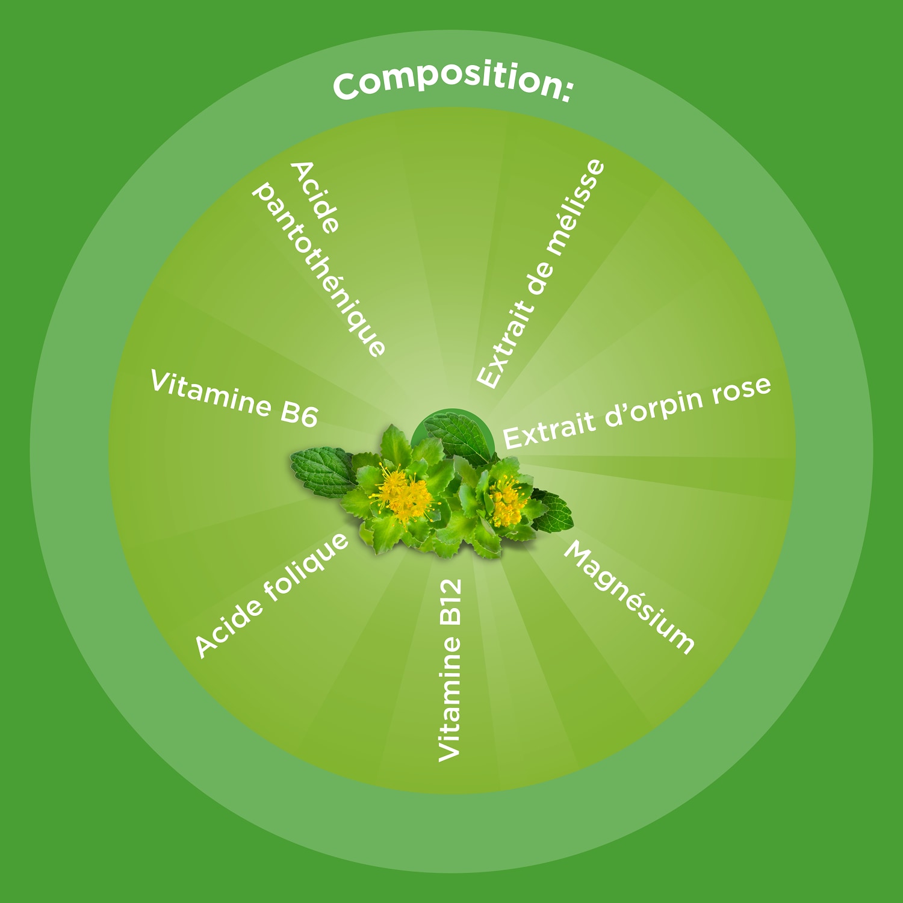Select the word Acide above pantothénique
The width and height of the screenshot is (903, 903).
(315, 197)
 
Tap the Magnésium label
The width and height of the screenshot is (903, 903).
(629, 597)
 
